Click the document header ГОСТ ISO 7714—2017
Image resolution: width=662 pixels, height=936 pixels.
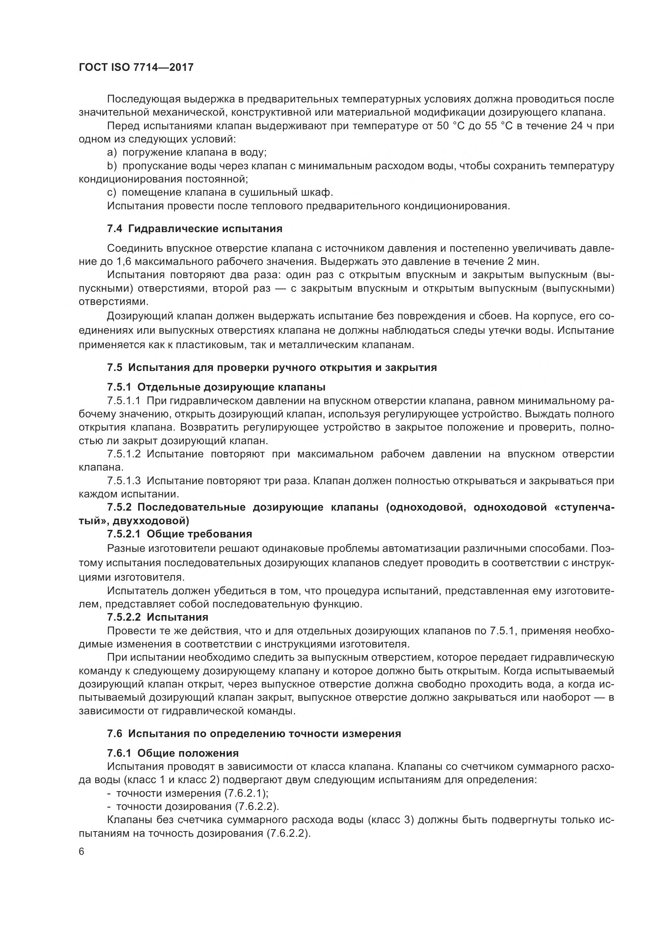(136, 68)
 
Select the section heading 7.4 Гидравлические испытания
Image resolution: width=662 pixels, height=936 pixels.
(195, 229)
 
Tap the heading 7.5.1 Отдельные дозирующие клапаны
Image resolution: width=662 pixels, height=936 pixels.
(216, 387)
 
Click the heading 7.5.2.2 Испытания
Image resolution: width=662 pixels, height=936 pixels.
(157, 617)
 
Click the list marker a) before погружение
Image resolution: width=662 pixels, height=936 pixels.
(112, 152)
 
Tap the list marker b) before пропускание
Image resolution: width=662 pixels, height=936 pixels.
(112, 166)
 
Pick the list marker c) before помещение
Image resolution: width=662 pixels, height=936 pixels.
(112, 192)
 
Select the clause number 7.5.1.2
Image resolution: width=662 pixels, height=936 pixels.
(124, 454)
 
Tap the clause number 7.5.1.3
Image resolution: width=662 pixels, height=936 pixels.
(124, 481)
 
